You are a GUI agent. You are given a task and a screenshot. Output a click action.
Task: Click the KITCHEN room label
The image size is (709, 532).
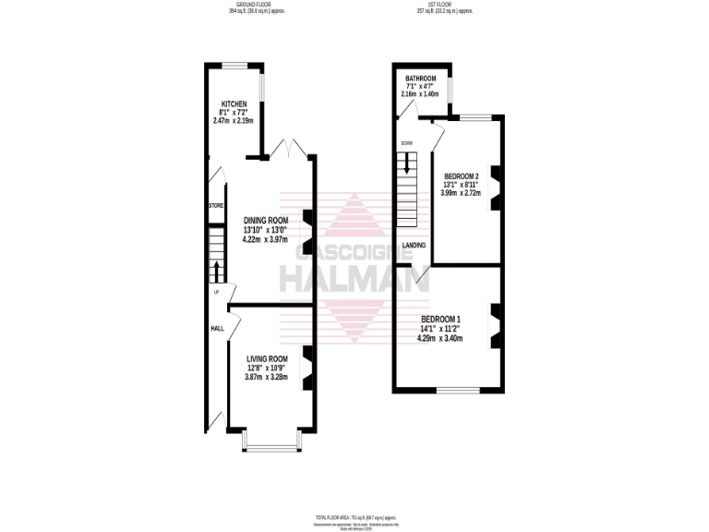pos(233,103)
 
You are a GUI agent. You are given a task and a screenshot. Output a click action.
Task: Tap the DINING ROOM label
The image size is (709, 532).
pos(266,220)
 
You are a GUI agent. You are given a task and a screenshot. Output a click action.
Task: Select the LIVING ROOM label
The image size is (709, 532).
pos(267,358)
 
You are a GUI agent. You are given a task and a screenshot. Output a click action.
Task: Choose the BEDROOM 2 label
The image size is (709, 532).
pos(462,175)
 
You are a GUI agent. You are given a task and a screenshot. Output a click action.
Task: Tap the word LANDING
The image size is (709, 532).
pos(414,245)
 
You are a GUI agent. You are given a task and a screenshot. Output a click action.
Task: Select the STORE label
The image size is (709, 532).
pos(216,205)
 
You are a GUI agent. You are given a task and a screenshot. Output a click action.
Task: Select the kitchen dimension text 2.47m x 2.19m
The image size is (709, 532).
pos(233,120)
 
